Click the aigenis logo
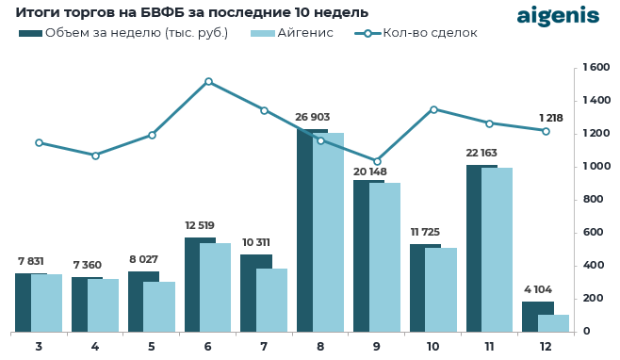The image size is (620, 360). pyautogui.click(x=557, y=16)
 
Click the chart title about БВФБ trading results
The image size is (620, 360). pyautogui.click(x=191, y=12)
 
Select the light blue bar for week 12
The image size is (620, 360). pyautogui.click(x=554, y=323)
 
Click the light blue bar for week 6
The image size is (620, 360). pyautogui.click(x=216, y=287)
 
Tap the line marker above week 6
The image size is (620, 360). pyautogui.click(x=208, y=82)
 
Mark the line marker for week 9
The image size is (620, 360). pyautogui.click(x=377, y=161)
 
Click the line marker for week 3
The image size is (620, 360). pyautogui.click(x=39, y=143)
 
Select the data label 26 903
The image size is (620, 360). pyautogui.click(x=312, y=118)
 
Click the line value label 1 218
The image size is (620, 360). pyautogui.click(x=550, y=118)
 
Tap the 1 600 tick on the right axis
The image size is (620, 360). pyautogui.click(x=596, y=68)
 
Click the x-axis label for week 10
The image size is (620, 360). pyautogui.click(x=432, y=347)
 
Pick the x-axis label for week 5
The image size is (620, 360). pyautogui.click(x=152, y=347)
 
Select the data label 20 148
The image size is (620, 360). pyautogui.click(x=369, y=172)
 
